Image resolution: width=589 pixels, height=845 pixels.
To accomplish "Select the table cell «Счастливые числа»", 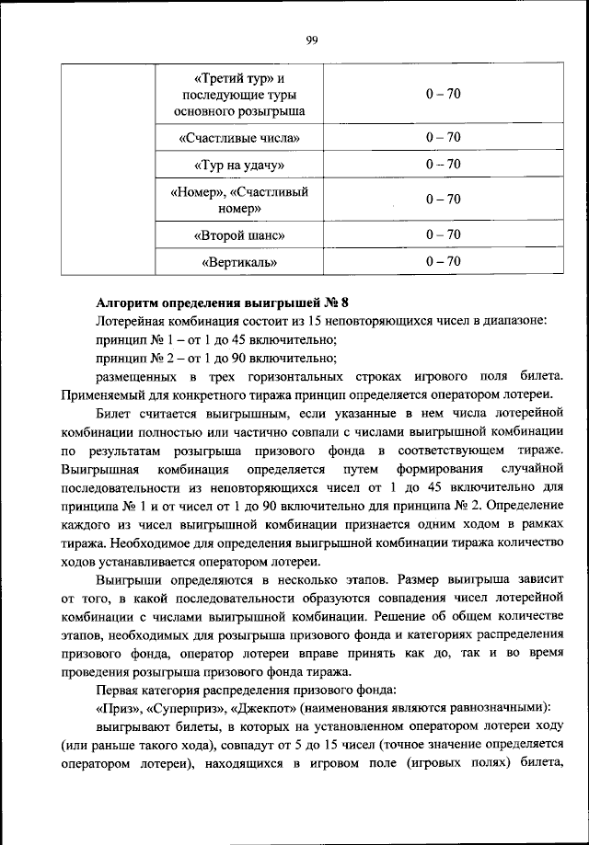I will [239, 138].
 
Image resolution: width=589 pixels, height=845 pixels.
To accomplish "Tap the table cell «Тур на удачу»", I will [239, 165].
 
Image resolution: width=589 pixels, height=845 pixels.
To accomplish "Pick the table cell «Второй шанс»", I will [239, 235].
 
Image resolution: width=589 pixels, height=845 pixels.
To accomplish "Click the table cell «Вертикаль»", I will [239, 263].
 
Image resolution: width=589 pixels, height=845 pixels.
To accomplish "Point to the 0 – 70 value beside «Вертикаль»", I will [443, 262].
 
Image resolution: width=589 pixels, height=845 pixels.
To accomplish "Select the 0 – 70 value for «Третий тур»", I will [443, 95].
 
